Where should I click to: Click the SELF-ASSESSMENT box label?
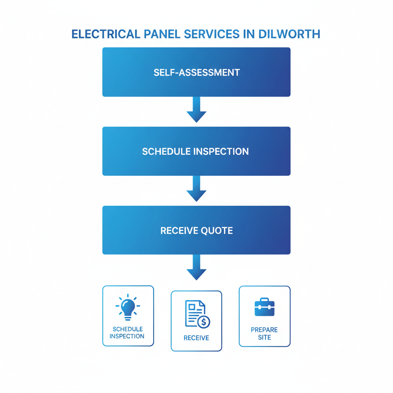coord(196,72)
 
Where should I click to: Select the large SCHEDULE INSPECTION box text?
coord(195,151)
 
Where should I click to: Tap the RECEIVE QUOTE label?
coord(196,231)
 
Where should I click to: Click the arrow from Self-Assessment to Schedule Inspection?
coord(196,110)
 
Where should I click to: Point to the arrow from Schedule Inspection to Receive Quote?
coord(196,189)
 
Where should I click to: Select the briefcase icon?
coord(264,307)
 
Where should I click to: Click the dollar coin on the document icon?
coord(203,322)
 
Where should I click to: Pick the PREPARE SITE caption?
coord(264,334)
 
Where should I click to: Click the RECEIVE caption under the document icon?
coord(196,338)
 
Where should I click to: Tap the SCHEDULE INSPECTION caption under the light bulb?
coord(127,333)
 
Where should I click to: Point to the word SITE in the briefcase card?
coord(264,338)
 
